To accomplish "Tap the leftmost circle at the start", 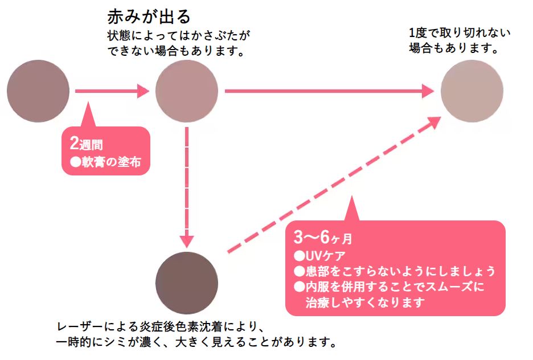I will [x=38, y=91].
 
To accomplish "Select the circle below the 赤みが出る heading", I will [x=187, y=91].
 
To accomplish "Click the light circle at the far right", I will [x=472, y=91].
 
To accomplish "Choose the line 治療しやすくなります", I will [x=365, y=302].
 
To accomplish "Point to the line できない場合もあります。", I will [x=176, y=51].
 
